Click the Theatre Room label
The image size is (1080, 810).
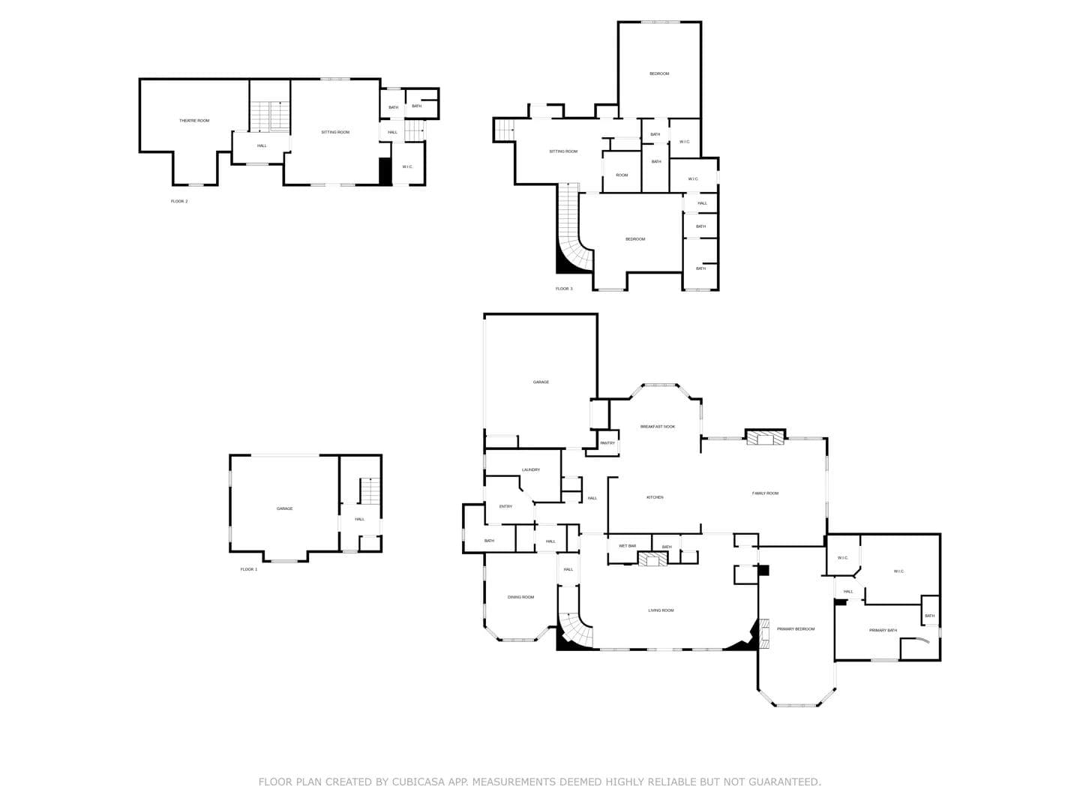tap(193, 121)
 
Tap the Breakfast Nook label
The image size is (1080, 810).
tap(657, 427)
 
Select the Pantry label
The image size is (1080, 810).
tap(607, 443)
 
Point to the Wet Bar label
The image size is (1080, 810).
tap(627, 546)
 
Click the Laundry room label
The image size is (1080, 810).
tap(531, 469)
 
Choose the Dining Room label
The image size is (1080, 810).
tap(520, 597)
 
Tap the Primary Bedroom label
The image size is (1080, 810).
tap(796, 629)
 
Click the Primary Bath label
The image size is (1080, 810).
tap(883, 630)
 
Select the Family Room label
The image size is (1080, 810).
tap(765, 493)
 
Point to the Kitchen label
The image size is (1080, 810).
tap(655, 497)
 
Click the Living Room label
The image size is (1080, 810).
tap(661, 610)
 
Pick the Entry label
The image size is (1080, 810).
tap(505, 506)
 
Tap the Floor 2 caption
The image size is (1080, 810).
tap(179, 201)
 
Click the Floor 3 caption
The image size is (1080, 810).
tap(564, 289)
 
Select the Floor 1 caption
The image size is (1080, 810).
tap(248, 569)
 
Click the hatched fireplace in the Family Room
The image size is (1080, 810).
tap(765, 437)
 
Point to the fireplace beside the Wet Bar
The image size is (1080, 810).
tap(653, 558)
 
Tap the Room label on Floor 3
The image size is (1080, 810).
tap(622, 175)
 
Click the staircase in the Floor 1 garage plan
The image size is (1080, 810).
tap(370, 490)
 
